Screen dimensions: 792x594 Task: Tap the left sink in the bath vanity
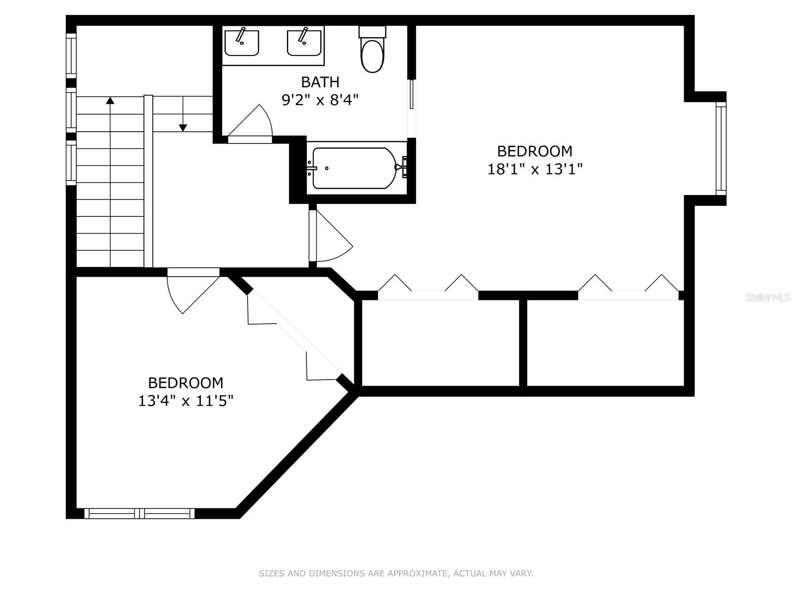point(242,43)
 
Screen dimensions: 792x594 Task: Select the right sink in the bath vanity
point(304,43)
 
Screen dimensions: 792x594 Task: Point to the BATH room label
point(320,82)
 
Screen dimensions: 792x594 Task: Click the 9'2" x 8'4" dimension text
point(320,100)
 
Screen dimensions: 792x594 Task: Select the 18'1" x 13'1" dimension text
point(535,169)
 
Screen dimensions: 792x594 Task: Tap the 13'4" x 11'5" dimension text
point(186,400)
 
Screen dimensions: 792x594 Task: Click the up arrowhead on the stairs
point(110,100)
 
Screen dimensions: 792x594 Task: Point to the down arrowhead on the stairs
point(183,128)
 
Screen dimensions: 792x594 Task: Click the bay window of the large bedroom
point(721,148)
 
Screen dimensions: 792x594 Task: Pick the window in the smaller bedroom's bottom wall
point(139,514)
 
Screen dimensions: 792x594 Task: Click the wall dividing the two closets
point(523,343)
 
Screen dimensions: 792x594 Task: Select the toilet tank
point(372,31)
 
